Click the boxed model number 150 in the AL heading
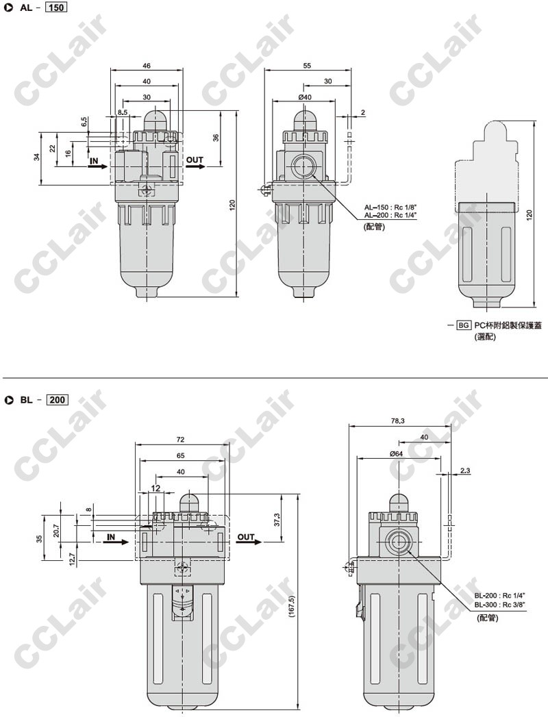[56, 8]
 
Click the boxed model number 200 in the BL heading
[57, 400]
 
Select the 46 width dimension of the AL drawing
[147, 65]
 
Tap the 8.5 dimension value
[122, 112]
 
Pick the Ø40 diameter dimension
[305, 97]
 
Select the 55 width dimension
[307, 65]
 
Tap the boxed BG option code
[464, 325]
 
